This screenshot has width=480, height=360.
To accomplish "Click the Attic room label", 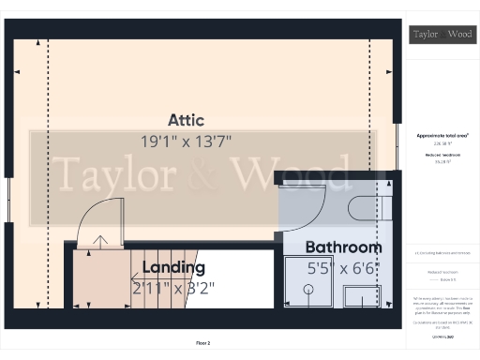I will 186,120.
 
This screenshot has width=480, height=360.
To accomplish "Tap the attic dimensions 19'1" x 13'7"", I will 186,141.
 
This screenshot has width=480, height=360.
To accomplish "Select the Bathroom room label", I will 344,247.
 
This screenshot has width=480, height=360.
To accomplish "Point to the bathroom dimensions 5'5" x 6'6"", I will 344,269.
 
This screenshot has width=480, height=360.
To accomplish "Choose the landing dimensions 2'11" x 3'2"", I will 173,288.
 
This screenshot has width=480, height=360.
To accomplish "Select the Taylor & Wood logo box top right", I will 442,35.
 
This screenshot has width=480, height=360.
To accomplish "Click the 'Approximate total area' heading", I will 442,136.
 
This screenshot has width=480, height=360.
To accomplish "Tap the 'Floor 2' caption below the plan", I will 202,344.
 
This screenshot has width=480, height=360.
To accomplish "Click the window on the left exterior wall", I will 8,200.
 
